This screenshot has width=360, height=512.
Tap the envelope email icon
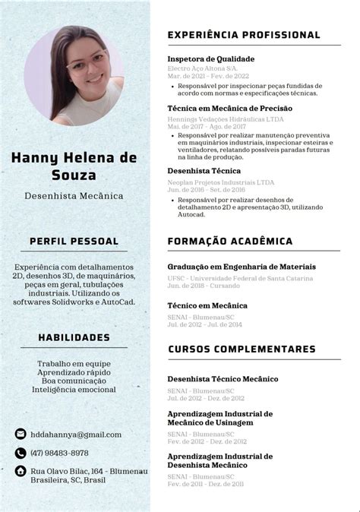(21, 434)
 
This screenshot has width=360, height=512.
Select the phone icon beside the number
(21, 453)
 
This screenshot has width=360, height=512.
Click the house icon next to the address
(21, 471)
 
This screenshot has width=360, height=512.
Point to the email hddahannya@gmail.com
(76, 435)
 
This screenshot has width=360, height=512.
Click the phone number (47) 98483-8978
(65, 453)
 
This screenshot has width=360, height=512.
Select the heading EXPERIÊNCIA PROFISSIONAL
(243, 35)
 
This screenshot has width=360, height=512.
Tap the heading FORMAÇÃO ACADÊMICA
(229, 241)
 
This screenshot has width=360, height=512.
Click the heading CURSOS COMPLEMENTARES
(241, 349)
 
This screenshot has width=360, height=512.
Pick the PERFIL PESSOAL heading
(74, 241)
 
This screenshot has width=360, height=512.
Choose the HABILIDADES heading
(74, 337)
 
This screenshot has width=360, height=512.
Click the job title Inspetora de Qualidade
(210, 58)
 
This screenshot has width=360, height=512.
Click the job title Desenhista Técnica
(204, 172)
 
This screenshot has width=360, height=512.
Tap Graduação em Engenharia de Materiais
(241, 267)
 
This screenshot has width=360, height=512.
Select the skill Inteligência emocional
(74, 390)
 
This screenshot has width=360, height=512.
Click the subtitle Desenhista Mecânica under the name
(74, 196)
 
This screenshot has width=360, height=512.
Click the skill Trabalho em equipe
(74, 364)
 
